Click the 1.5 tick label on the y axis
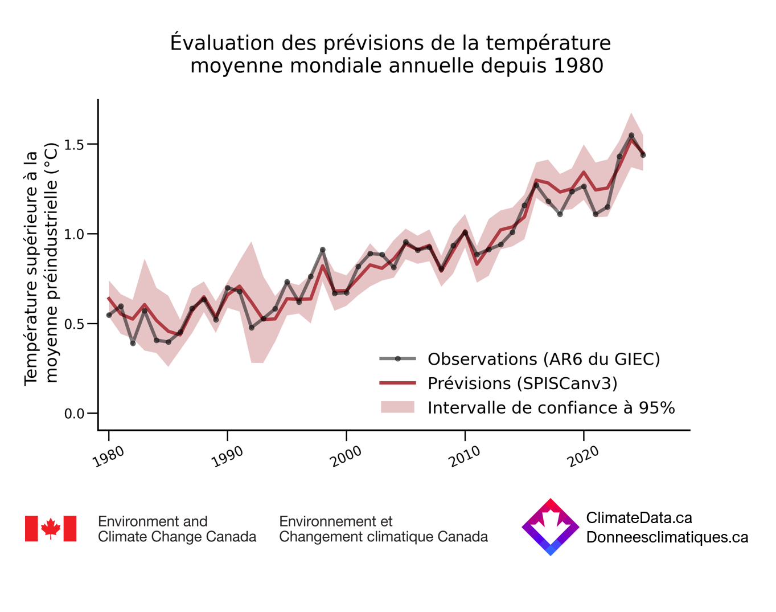(74, 144)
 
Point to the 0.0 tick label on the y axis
(74, 414)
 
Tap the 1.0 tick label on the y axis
(74, 234)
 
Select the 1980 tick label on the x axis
(109, 456)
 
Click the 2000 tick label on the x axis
(347, 456)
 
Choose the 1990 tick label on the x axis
(228, 456)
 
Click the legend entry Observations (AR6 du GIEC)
(544, 359)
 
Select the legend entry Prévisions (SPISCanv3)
(522, 383)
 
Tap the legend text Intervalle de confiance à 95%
(551, 408)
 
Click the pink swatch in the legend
(397, 407)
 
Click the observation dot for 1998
(322, 250)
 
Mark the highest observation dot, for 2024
(631, 136)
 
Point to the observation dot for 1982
(133, 343)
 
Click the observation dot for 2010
(465, 232)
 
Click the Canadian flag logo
(51, 529)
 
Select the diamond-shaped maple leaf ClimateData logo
(550, 527)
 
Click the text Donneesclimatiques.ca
(667, 537)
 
